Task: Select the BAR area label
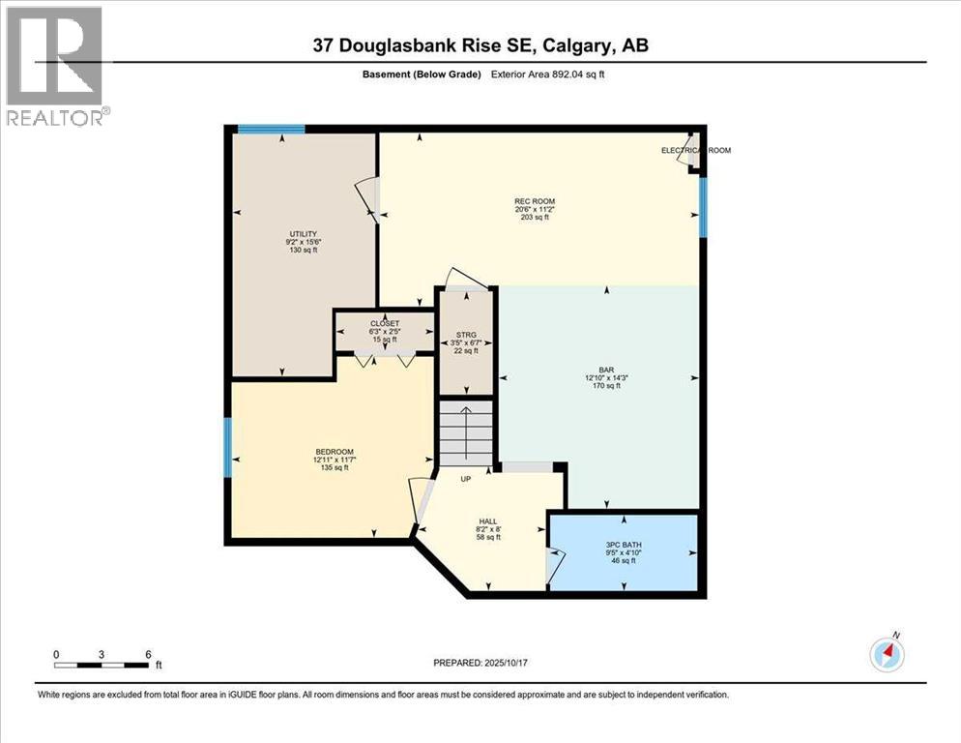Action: pos(606,370)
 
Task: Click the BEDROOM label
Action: pos(335,452)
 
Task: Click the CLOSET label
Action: pos(384,324)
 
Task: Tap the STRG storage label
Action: pos(467,335)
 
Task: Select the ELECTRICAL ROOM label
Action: pos(695,151)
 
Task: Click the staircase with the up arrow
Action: pos(466,432)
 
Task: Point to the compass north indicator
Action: pos(887,654)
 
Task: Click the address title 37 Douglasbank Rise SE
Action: pos(480,45)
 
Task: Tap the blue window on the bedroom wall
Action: pos(227,446)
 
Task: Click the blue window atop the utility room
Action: pos(272,129)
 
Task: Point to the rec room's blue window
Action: pos(703,209)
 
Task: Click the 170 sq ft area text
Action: pos(606,386)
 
